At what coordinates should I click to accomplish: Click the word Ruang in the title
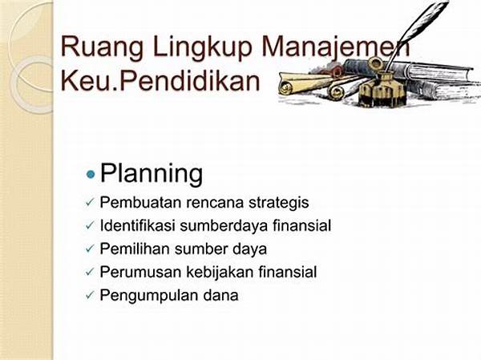pos(102,47)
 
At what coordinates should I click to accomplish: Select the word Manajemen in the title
pos(335,47)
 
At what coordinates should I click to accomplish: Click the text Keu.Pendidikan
pos(160,81)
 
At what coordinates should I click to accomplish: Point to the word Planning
pos(152,174)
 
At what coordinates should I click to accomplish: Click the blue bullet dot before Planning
pos(91,175)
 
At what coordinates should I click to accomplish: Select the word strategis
pos(278,203)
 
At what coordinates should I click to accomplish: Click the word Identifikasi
pos(137,225)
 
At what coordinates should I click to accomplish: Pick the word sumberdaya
pos(224,226)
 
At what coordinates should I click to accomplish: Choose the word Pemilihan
pos(135,249)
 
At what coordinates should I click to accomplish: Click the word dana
pos(220,295)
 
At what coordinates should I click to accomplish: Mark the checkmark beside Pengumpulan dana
pos(90,296)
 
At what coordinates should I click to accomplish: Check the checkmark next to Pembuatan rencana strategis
pos(90,203)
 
